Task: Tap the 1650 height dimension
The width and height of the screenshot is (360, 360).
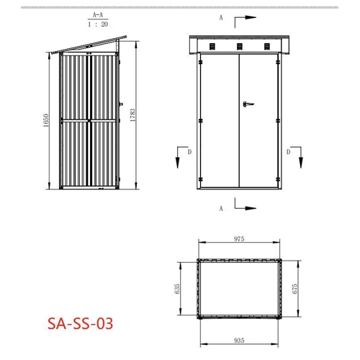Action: pyautogui.click(x=45, y=120)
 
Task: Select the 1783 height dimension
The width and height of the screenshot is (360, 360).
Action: pyautogui.click(x=132, y=115)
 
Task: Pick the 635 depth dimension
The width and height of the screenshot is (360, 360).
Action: pyautogui.click(x=178, y=289)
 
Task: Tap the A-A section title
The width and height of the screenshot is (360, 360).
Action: pyautogui.click(x=94, y=14)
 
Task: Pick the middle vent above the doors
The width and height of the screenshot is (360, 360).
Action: pyautogui.click(x=238, y=46)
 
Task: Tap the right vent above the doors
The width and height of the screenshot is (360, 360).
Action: pyautogui.click(x=266, y=46)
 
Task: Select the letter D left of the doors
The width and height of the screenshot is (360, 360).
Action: pyautogui.click(x=189, y=152)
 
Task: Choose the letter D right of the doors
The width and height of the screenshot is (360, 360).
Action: pyautogui.click(x=288, y=152)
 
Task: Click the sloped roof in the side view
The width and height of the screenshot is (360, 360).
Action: pyautogui.click(x=94, y=42)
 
